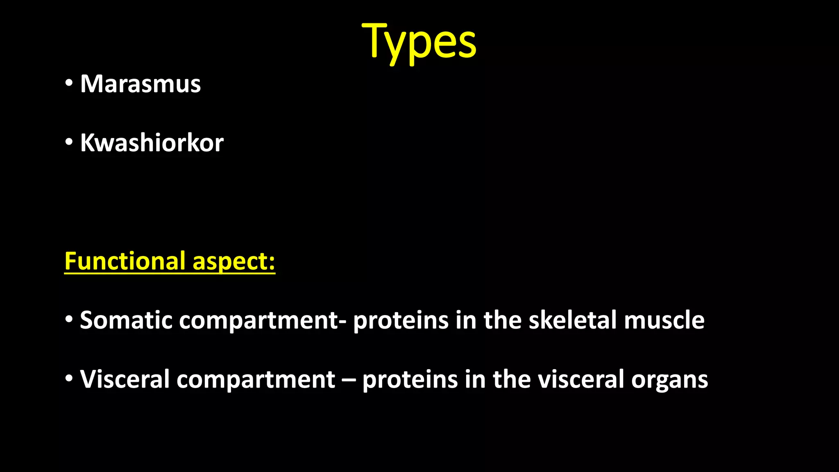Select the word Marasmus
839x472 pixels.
(x=141, y=84)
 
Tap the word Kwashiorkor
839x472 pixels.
(x=152, y=143)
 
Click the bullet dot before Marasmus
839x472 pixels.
(x=69, y=83)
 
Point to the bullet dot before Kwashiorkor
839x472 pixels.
(x=69, y=142)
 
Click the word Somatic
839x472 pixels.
(x=126, y=320)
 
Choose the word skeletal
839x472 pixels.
(x=572, y=320)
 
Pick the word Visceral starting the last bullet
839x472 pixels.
(x=125, y=379)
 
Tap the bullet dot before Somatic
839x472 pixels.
(x=69, y=319)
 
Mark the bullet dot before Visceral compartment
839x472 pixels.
(x=69, y=378)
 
